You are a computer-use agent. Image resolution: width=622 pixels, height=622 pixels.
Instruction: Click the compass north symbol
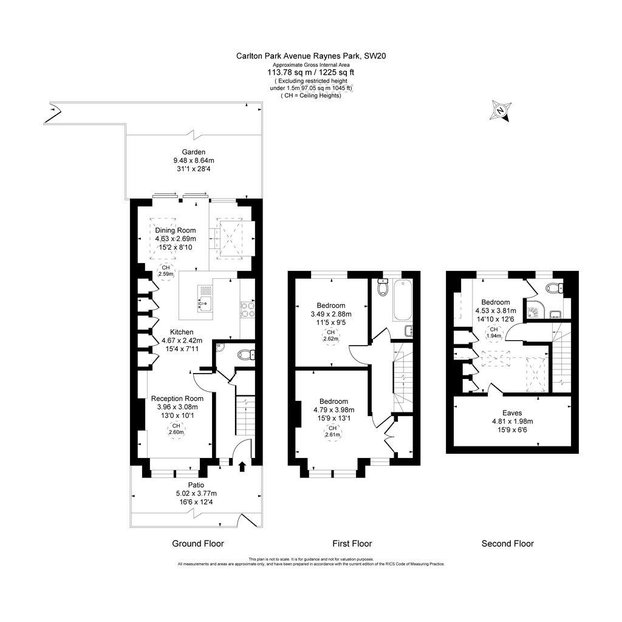pyautogui.click(x=500, y=111)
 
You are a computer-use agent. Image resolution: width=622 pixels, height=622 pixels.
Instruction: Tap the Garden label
pyautogui.click(x=193, y=152)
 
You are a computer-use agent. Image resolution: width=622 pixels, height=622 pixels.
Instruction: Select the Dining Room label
pyautogui.click(x=175, y=230)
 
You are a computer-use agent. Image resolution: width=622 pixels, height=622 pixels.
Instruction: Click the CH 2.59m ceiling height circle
pyautogui.click(x=165, y=271)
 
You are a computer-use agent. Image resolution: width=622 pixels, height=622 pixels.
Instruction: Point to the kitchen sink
pyautogui.click(x=204, y=298)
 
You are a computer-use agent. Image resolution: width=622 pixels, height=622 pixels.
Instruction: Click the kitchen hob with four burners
pyautogui.click(x=248, y=310)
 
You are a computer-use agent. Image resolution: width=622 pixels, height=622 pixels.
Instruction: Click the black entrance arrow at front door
pyautogui.click(x=242, y=466)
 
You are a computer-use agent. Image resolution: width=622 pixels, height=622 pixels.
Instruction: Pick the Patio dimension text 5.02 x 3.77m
pyautogui.click(x=196, y=493)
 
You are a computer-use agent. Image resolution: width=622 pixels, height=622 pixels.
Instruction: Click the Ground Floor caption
pyautogui.click(x=198, y=544)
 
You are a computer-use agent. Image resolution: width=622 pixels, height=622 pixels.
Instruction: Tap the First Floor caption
pyautogui.click(x=352, y=544)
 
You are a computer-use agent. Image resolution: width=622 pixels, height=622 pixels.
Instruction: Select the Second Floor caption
pyautogui.click(x=507, y=544)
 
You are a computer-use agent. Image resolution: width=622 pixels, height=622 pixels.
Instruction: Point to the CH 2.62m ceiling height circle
pyautogui.click(x=331, y=337)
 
